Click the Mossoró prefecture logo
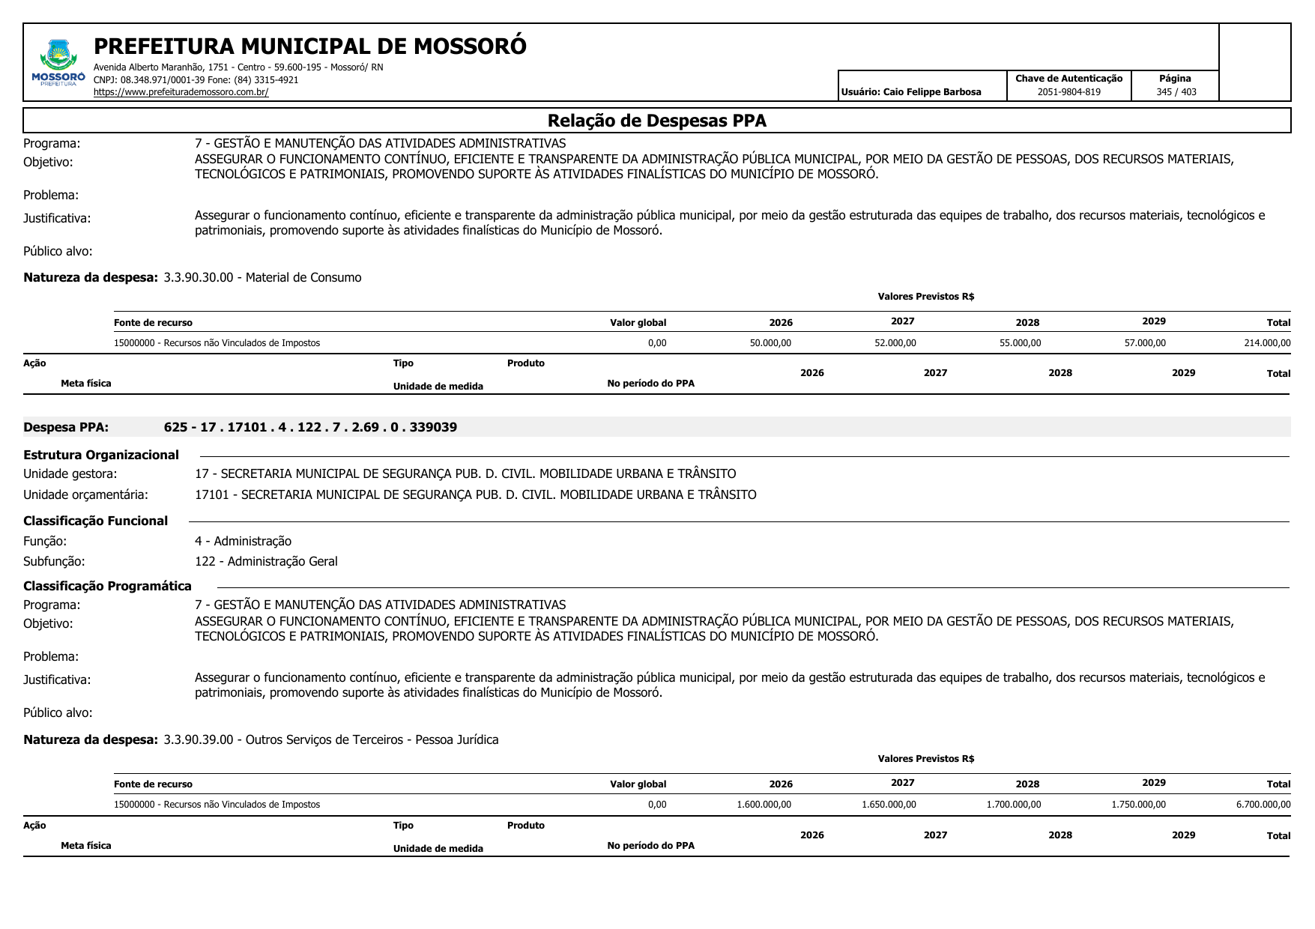click(58, 64)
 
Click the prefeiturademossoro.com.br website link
click(181, 92)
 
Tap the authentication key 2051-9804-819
click(1068, 92)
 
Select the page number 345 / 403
click(1176, 92)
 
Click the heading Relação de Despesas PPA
click(656, 121)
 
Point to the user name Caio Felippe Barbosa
click(932, 92)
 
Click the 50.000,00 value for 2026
click(770, 343)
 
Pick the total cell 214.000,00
click(1267, 343)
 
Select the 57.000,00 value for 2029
click(1145, 343)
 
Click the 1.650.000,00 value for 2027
click(889, 805)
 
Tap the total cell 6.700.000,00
click(1263, 805)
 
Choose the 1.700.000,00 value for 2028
click(1013, 805)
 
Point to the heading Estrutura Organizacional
click(101, 455)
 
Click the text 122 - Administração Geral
click(266, 561)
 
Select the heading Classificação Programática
click(107, 586)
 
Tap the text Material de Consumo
click(303, 277)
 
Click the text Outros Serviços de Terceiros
click(324, 739)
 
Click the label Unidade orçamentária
click(85, 494)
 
